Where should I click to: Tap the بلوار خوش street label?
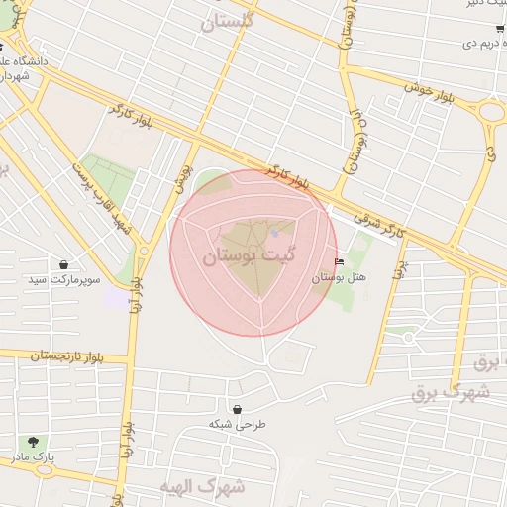coord(434,89)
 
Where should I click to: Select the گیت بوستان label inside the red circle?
coord(243,256)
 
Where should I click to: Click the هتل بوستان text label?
coord(340,277)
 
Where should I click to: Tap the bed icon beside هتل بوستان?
coord(340,262)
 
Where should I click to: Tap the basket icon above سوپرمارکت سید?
coord(64,265)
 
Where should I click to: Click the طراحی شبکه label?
coord(238,423)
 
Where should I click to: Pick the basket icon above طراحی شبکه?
coord(237,408)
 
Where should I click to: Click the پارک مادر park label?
coord(34,456)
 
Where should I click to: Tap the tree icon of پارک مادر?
coord(34,442)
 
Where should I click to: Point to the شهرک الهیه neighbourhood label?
coord(202,486)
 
